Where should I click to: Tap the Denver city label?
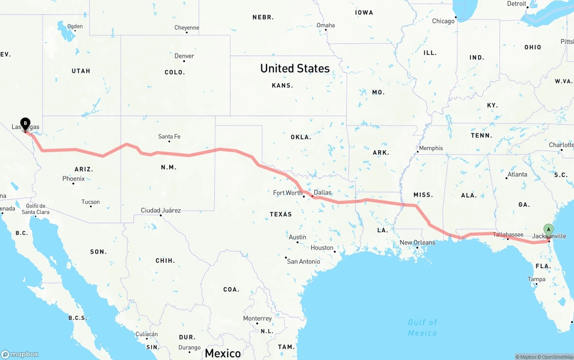tap(184, 56)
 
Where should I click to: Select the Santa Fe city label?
tap(169, 136)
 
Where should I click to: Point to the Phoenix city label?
tap(74, 178)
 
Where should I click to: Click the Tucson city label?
tap(91, 202)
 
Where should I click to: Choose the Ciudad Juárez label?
tap(161, 210)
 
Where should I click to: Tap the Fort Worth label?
tap(288, 193)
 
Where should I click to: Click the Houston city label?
tap(322, 247)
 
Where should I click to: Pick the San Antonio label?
tap(304, 261)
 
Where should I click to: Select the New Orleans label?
tap(417, 243)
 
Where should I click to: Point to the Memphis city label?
tap(430, 148)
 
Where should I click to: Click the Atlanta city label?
tap(517, 174)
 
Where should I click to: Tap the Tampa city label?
tap(536, 279)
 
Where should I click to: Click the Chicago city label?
tap(443, 21)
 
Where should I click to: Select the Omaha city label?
tap(326, 25)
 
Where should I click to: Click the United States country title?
tap(295, 68)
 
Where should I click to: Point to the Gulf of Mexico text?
tap(422, 327)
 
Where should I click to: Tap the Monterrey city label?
tap(257, 318)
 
